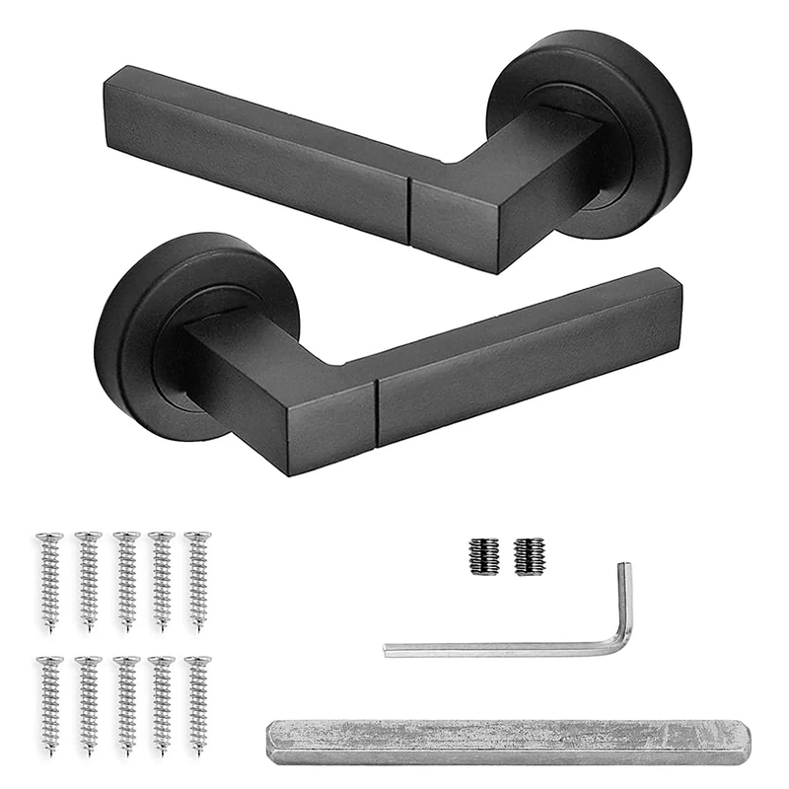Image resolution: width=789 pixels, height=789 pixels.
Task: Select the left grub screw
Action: point(483,557)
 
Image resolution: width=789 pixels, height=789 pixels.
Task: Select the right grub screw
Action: point(529,557)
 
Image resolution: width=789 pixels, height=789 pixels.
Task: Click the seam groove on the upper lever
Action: point(410,209)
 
